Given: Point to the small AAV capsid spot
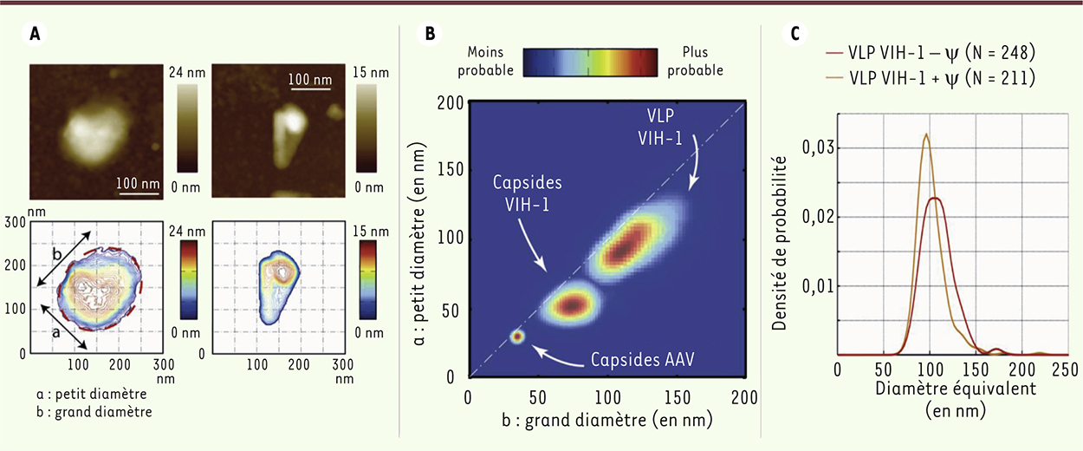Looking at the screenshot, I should point(517,336).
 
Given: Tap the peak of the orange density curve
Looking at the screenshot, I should point(926,134).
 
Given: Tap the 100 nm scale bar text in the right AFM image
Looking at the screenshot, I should point(310,81).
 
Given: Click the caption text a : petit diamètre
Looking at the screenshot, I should point(94,395).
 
